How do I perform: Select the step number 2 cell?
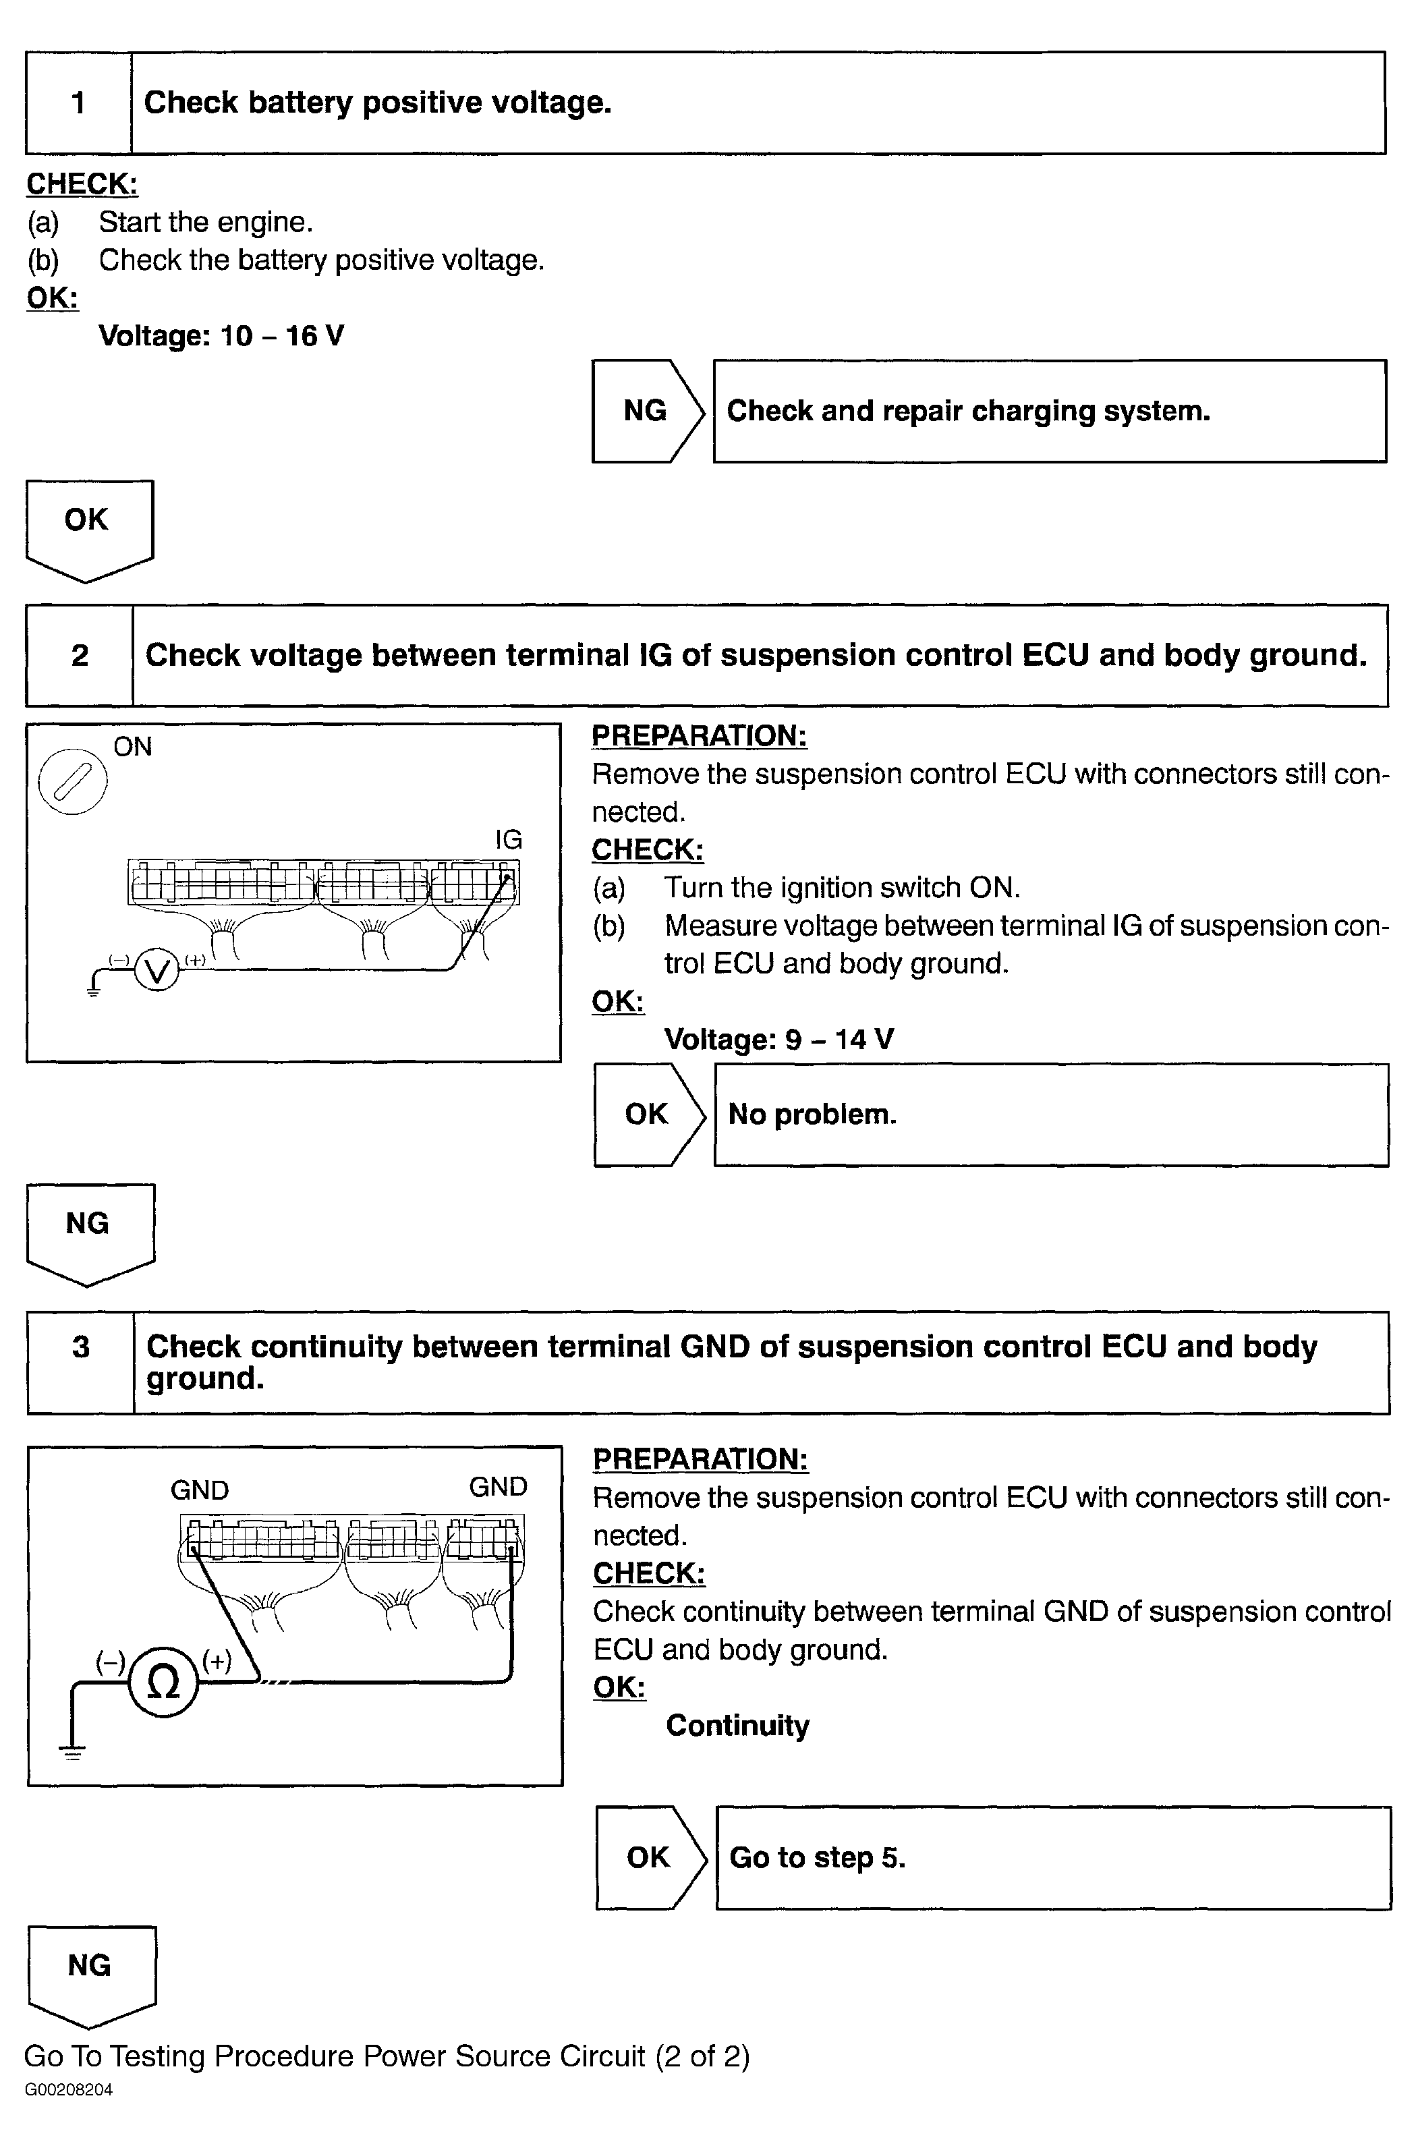pyautogui.click(x=80, y=656)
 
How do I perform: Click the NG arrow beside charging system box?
pyautogui.click(x=646, y=412)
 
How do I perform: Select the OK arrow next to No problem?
pyautogui.click(x=648, y=1114)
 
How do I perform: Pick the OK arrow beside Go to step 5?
pyautogui.click(x=650, y=1857)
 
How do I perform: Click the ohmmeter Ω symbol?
pyautogui.click(x=163, y=1682)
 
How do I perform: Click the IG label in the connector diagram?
pyautogui.click(x=508, y=840)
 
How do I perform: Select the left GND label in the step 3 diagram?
pyautogui.click(x=200, y=1490)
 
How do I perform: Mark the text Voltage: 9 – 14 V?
pyautogui.click(x=778, y=1039)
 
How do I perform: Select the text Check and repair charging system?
pyautogui.click(x=967, y=412)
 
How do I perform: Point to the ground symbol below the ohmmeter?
pyautogui.click(x=72, y=1753)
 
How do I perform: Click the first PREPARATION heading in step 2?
pyautogui.click(x=699, y=736)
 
